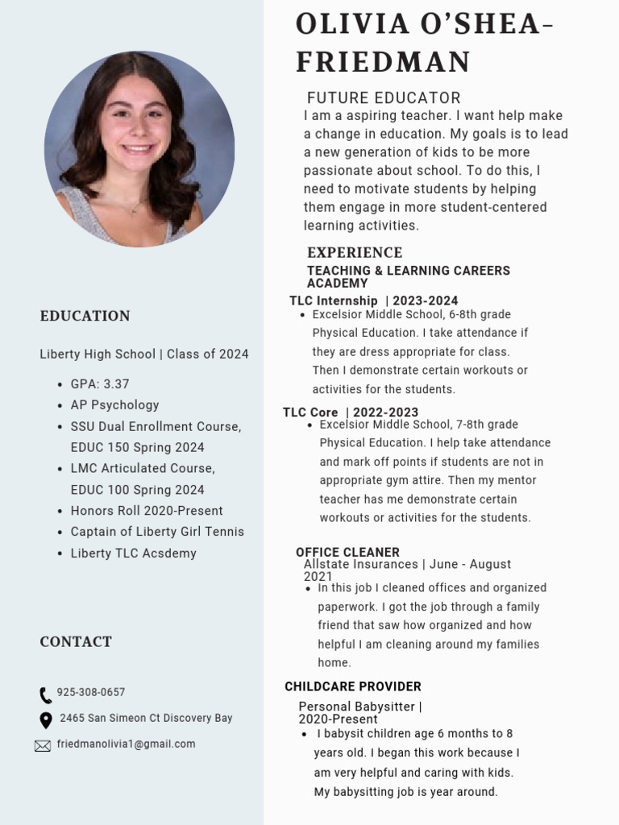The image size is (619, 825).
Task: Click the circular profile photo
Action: [139, 150]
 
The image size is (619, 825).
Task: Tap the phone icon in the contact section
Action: [45, 694]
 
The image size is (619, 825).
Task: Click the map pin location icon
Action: [45, 719]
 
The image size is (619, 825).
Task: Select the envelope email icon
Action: [43, 746]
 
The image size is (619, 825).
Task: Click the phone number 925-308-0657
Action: [91, 693]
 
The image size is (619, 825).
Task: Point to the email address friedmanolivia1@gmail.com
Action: [126, 744]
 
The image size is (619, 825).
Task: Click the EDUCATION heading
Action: [85, 316]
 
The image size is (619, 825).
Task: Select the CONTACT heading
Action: [76, 642]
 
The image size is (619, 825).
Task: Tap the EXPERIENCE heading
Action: [355, 253]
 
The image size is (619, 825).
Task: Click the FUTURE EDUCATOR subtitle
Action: [384, 98]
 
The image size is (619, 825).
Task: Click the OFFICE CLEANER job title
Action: [347, 553]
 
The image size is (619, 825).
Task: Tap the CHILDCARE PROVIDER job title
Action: [353, 686]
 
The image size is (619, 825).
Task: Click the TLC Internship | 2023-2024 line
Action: [373, 301]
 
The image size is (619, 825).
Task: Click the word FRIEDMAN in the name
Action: [383, 62]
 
